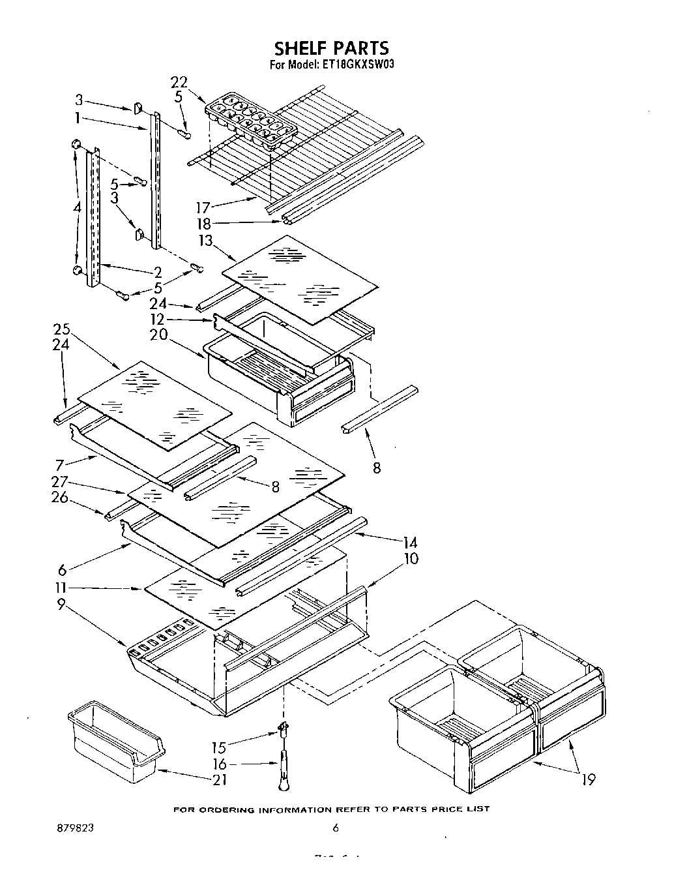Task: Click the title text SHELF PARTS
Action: tap(331, 48)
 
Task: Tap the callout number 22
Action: tap(179, 82)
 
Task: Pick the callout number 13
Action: tap(205, 241)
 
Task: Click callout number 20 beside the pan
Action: tap(158, 335)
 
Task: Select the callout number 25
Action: tap(61, 329)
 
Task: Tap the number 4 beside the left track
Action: tap(78, 208)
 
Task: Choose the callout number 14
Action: tap(411, 543)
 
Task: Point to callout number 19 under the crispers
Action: tap(588, 779)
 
